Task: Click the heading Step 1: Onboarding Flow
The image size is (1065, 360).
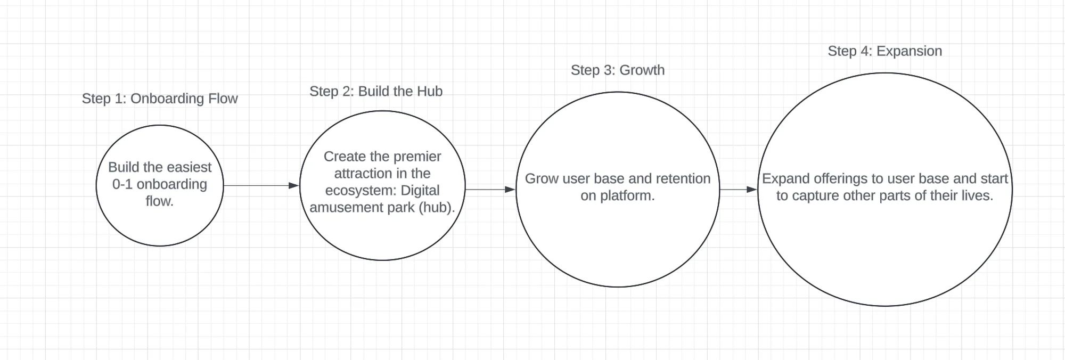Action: click(x=159, y=99)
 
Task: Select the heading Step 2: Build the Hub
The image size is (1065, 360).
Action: click(x=376, y=91)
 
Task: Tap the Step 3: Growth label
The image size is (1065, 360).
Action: click(x=617, y=70)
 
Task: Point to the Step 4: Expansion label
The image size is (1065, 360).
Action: click(x=884, y=51)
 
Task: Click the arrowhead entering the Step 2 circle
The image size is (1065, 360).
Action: click(x=293, y=185)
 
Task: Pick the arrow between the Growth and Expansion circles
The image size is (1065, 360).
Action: click(x=738, y=189)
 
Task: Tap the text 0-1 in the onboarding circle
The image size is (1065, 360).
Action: click(x=122, y=184)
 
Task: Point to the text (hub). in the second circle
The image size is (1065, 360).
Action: click(x=437, y=207)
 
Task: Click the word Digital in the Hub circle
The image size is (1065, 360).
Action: click(x=420, y=191)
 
